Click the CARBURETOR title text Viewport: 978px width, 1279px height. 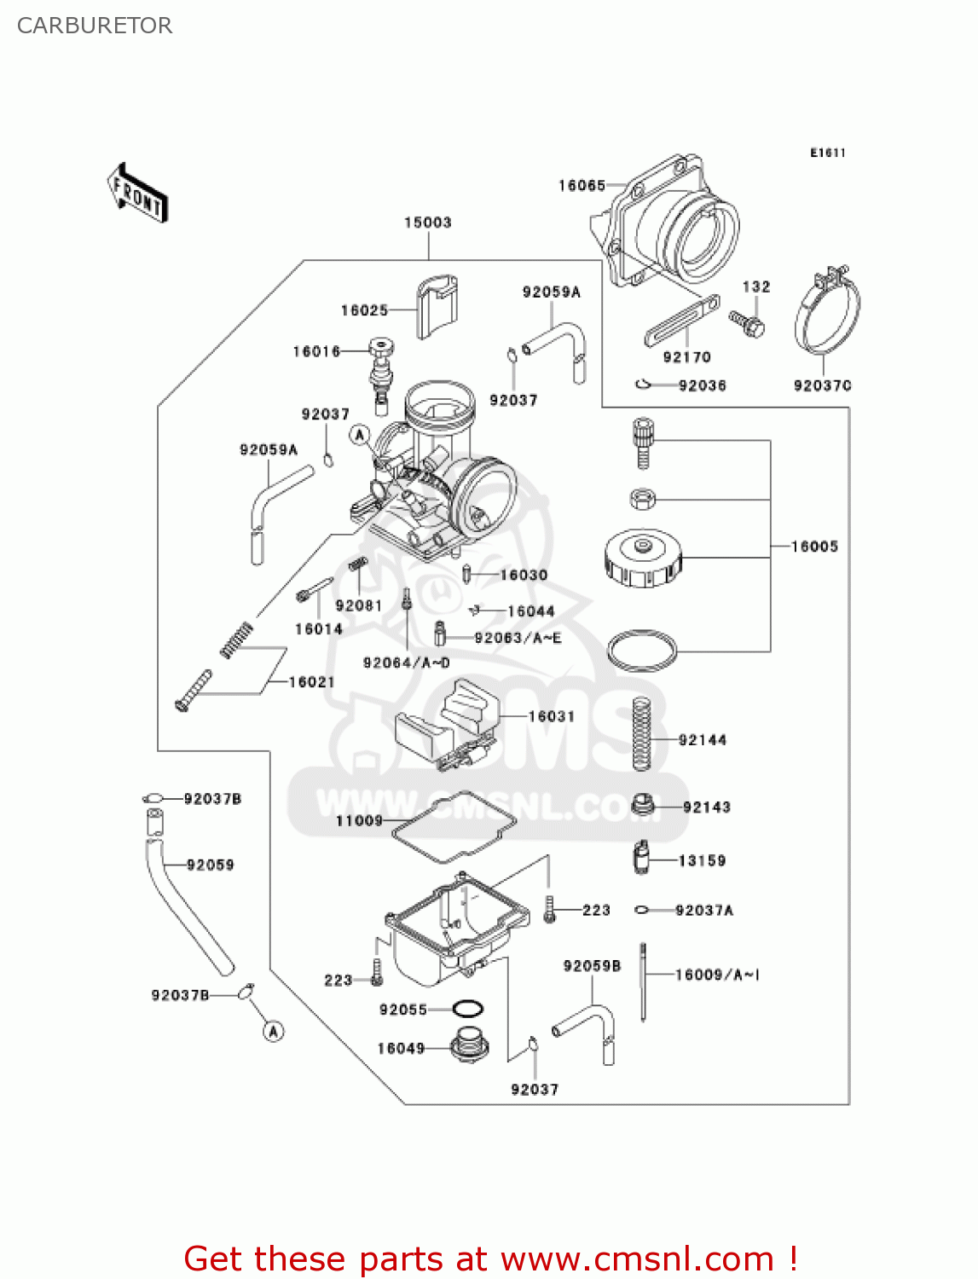(x=95, y=26)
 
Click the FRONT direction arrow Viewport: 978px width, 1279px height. (x=137, y=194)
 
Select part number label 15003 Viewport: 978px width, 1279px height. (x=427, y=223)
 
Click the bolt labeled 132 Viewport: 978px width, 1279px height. (x=747, y=322)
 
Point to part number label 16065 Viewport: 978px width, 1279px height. (x=582, y=186)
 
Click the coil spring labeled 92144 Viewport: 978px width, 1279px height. (x=642, y=733)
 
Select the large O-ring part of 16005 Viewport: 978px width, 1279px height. (x=642, y=651)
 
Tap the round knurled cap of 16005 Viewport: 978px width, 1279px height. (x=643, y=558)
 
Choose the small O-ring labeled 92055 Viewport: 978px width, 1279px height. (x=467, y=1010)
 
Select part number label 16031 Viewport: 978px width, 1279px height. (x=551, y=716)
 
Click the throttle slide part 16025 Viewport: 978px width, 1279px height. (x=436, y=306)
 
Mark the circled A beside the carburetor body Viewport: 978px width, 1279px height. (x=360, y=435)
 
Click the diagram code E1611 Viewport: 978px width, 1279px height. (x=827, y=153)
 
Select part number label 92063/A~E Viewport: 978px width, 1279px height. (x=518, y=638)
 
